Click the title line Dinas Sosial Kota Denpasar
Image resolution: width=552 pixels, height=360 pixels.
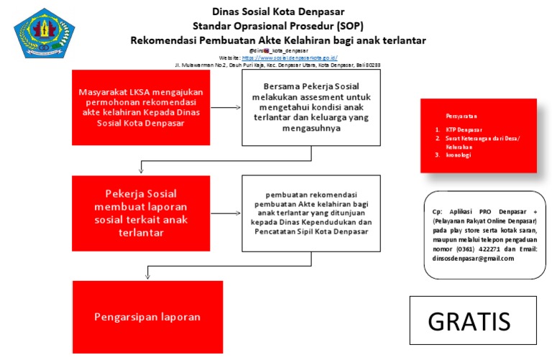pyautogui.click(x=277, y=11)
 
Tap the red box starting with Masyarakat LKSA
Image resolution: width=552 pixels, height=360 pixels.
pyautogui.click(x=141, y=107)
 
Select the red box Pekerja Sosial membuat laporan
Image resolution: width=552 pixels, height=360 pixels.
pyautogui.click(x=141, y=213)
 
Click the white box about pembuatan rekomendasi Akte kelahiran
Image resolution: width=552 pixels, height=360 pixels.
pyautogui.click(x=311, y=213)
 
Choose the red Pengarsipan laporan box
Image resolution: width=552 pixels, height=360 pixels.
pyautogui.click(x=147, y=316)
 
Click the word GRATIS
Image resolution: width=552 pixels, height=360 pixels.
pyautogui.click(x=469, y=321)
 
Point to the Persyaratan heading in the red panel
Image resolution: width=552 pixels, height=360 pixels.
pyautogui.click(x=461, y=115)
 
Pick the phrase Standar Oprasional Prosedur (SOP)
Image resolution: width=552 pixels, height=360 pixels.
pyautogui.click(x=277, y=26)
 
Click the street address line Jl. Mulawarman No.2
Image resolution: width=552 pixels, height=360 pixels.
pyautogui.click(x=277, y=65)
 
